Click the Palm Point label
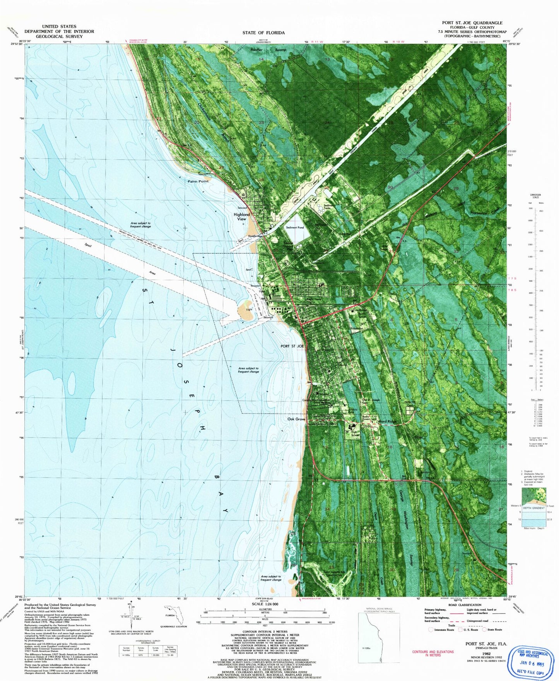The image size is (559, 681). click(x=198, y=181)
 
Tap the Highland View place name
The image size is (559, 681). click(x=242, y=216)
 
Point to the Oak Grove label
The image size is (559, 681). click(x=296, y=419)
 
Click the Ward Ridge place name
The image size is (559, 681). click(x=387, y=421)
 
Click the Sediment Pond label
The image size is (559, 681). click(x=295, y=228)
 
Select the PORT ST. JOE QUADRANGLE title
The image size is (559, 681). click(x=472, y=23)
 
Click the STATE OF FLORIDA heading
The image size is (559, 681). click(x=263, y=33)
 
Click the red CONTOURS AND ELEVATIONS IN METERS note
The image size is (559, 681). click(x=433, y=653)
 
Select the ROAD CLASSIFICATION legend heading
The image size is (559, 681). click(x=465, y=605)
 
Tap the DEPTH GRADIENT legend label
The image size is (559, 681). click(x=533, y=508)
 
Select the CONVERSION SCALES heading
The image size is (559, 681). click(x=536, y=196)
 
